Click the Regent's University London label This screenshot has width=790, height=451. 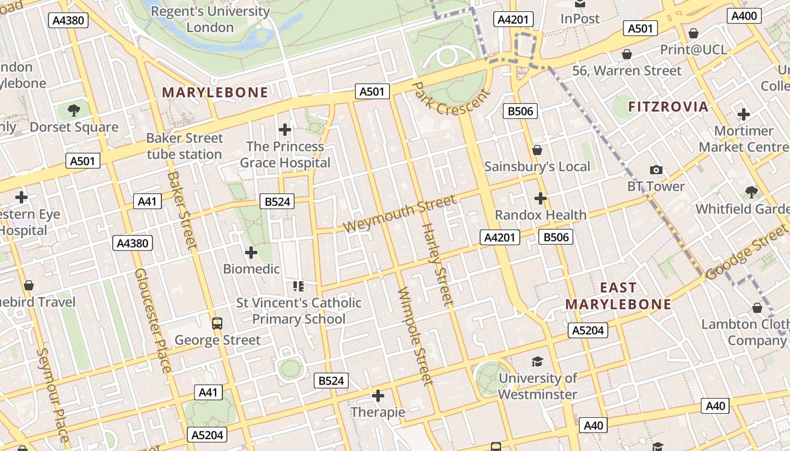pos(210,19)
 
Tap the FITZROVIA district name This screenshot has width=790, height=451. pos(668,107)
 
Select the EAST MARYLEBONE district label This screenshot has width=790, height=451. pos(618,296)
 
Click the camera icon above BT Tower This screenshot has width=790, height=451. pos(656,170)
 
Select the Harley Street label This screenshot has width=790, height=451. pos(437,264)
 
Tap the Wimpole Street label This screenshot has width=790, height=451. pos(415,336)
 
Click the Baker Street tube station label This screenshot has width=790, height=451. pos(185,146)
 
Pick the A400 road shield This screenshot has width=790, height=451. pos(744,16)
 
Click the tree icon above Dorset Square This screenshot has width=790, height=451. pos(73,110)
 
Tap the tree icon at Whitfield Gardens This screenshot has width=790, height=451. pos(751,192)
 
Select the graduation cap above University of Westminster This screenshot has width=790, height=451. pos(537,361)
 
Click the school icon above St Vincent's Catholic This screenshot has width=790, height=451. pos(299,286)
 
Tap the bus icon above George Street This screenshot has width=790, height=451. pos(217,324)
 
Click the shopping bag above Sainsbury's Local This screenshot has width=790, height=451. pos(537,150)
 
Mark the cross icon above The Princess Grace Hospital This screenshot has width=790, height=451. pos(285,130)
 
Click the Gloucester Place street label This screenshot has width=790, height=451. pos(152,320)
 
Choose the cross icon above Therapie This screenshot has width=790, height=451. pos(378,396)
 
